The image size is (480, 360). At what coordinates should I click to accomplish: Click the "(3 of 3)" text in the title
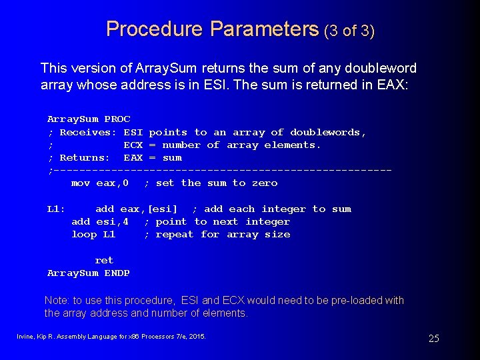tap(349, 31)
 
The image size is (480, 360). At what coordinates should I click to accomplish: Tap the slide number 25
tap(433, 339)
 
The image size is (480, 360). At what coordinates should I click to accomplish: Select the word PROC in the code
tap(118, 119)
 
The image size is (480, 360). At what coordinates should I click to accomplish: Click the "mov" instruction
tap(81, 183)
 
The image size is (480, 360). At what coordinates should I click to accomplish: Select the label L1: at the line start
tap(57, 209)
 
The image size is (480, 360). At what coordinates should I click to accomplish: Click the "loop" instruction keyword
tap(84, 235)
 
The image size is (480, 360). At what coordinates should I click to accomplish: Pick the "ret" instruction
tap(104, 261)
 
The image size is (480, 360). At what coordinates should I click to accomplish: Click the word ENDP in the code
tap(117, 273)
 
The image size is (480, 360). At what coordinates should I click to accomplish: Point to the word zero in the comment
tap(265, 183)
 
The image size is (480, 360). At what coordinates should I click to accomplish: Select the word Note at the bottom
tap(57, 301)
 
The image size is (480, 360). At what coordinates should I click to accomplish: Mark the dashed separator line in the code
tap(220, 171)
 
